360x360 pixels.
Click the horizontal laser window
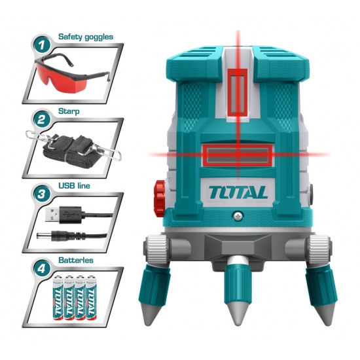(238, 156)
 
